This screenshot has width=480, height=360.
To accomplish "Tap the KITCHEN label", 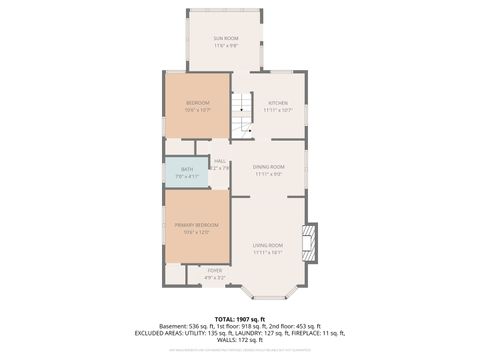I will (x=277, y=103).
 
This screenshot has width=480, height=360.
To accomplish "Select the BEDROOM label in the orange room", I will (x=197, y=103).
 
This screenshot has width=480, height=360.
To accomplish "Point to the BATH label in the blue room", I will (x=187, y=169).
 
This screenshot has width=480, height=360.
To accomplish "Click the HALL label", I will (x=219, y=161).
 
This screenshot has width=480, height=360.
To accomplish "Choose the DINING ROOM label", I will (x=269, y=167).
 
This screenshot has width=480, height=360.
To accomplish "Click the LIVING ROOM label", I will (x=268, y=245).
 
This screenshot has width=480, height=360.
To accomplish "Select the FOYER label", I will (x=215, y=270).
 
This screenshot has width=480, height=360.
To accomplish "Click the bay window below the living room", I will (x=268, y=293).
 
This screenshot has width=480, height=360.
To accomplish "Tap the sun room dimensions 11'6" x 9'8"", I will (x=225, y=46).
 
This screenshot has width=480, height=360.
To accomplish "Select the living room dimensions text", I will (x=268, y=253).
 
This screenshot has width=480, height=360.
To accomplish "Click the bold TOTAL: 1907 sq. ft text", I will (x=239, y=319).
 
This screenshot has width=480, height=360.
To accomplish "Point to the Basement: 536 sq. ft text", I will (x=188, y=327).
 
